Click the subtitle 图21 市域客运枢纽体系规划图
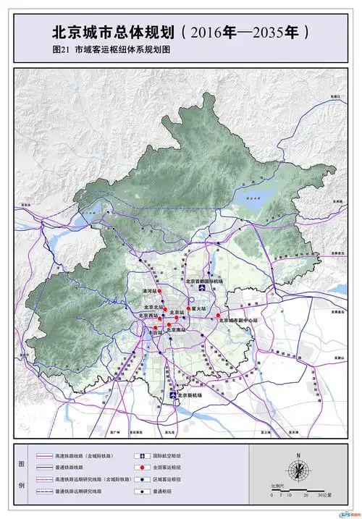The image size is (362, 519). (115, 51)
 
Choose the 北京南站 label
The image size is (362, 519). (181, 329)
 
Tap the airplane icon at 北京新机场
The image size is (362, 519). (173, 396)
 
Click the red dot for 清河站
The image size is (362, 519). (161, 291)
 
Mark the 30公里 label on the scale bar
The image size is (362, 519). (325, 495)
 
